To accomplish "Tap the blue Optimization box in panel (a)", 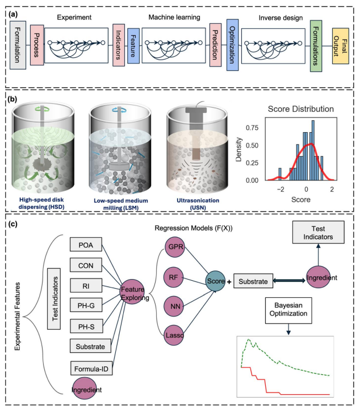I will pos(232,43).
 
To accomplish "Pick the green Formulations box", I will pos(316,43).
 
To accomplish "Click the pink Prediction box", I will pos(215,43).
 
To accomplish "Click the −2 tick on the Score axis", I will pos(279,191).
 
